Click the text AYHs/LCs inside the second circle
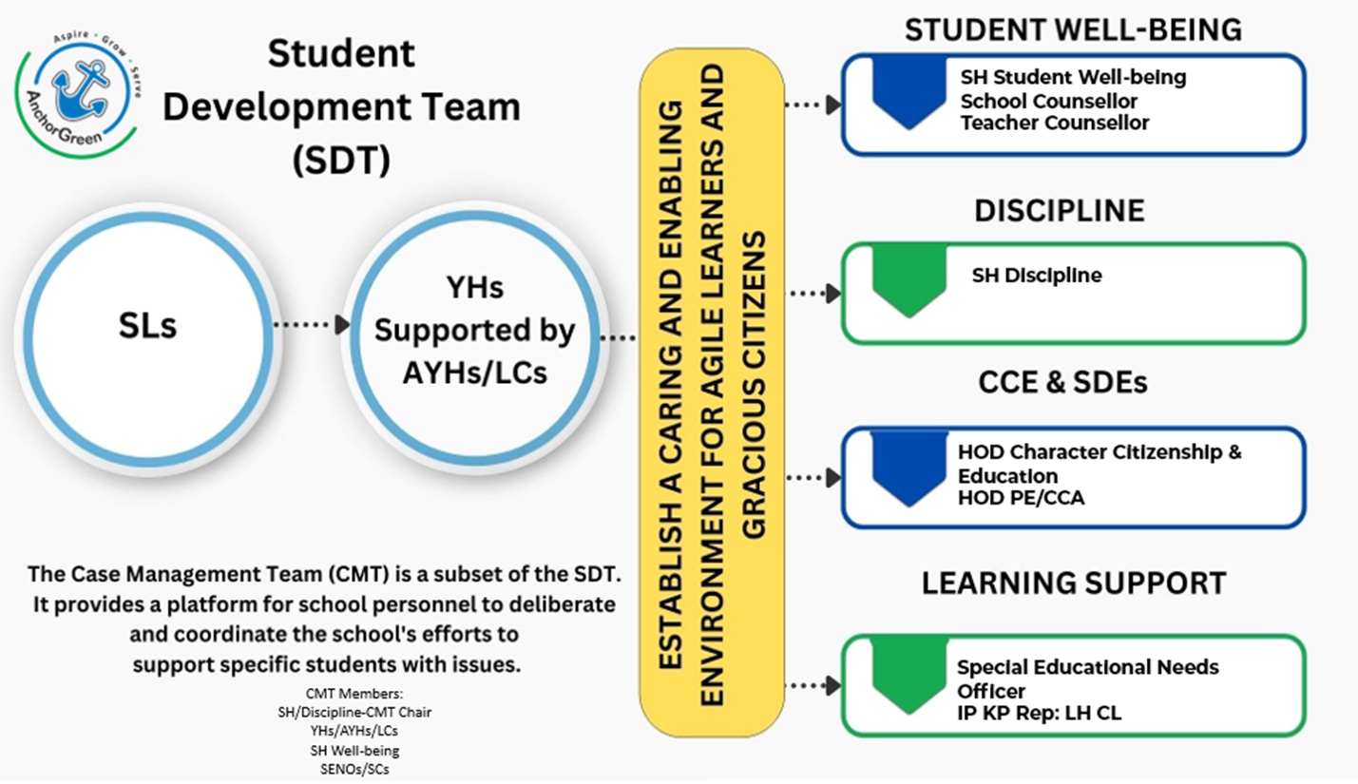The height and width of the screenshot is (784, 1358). click(x=474, y=372)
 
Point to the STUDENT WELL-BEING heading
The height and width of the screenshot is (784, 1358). click(x=1073, y=30)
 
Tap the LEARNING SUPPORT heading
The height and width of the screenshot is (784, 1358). click(x=1074, y=583)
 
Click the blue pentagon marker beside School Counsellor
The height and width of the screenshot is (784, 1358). click(x=909, y=91)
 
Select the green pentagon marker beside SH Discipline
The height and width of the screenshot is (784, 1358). click(x=909, y=278)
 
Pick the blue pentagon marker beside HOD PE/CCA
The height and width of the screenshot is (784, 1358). click(x=909, y=467)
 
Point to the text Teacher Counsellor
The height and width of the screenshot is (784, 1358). click(x=1054, y=124)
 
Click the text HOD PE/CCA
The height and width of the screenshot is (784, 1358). click(x=1021, y=497)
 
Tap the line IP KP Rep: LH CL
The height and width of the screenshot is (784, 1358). click(x=1039, y=712)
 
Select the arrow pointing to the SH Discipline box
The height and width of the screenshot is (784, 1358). click(x=815, y=294)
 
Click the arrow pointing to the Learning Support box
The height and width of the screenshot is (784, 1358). click(x=815, y=685)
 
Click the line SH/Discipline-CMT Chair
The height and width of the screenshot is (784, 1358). click(x=355, y=712)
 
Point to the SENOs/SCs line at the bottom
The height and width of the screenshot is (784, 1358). click(x=354, y=769)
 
